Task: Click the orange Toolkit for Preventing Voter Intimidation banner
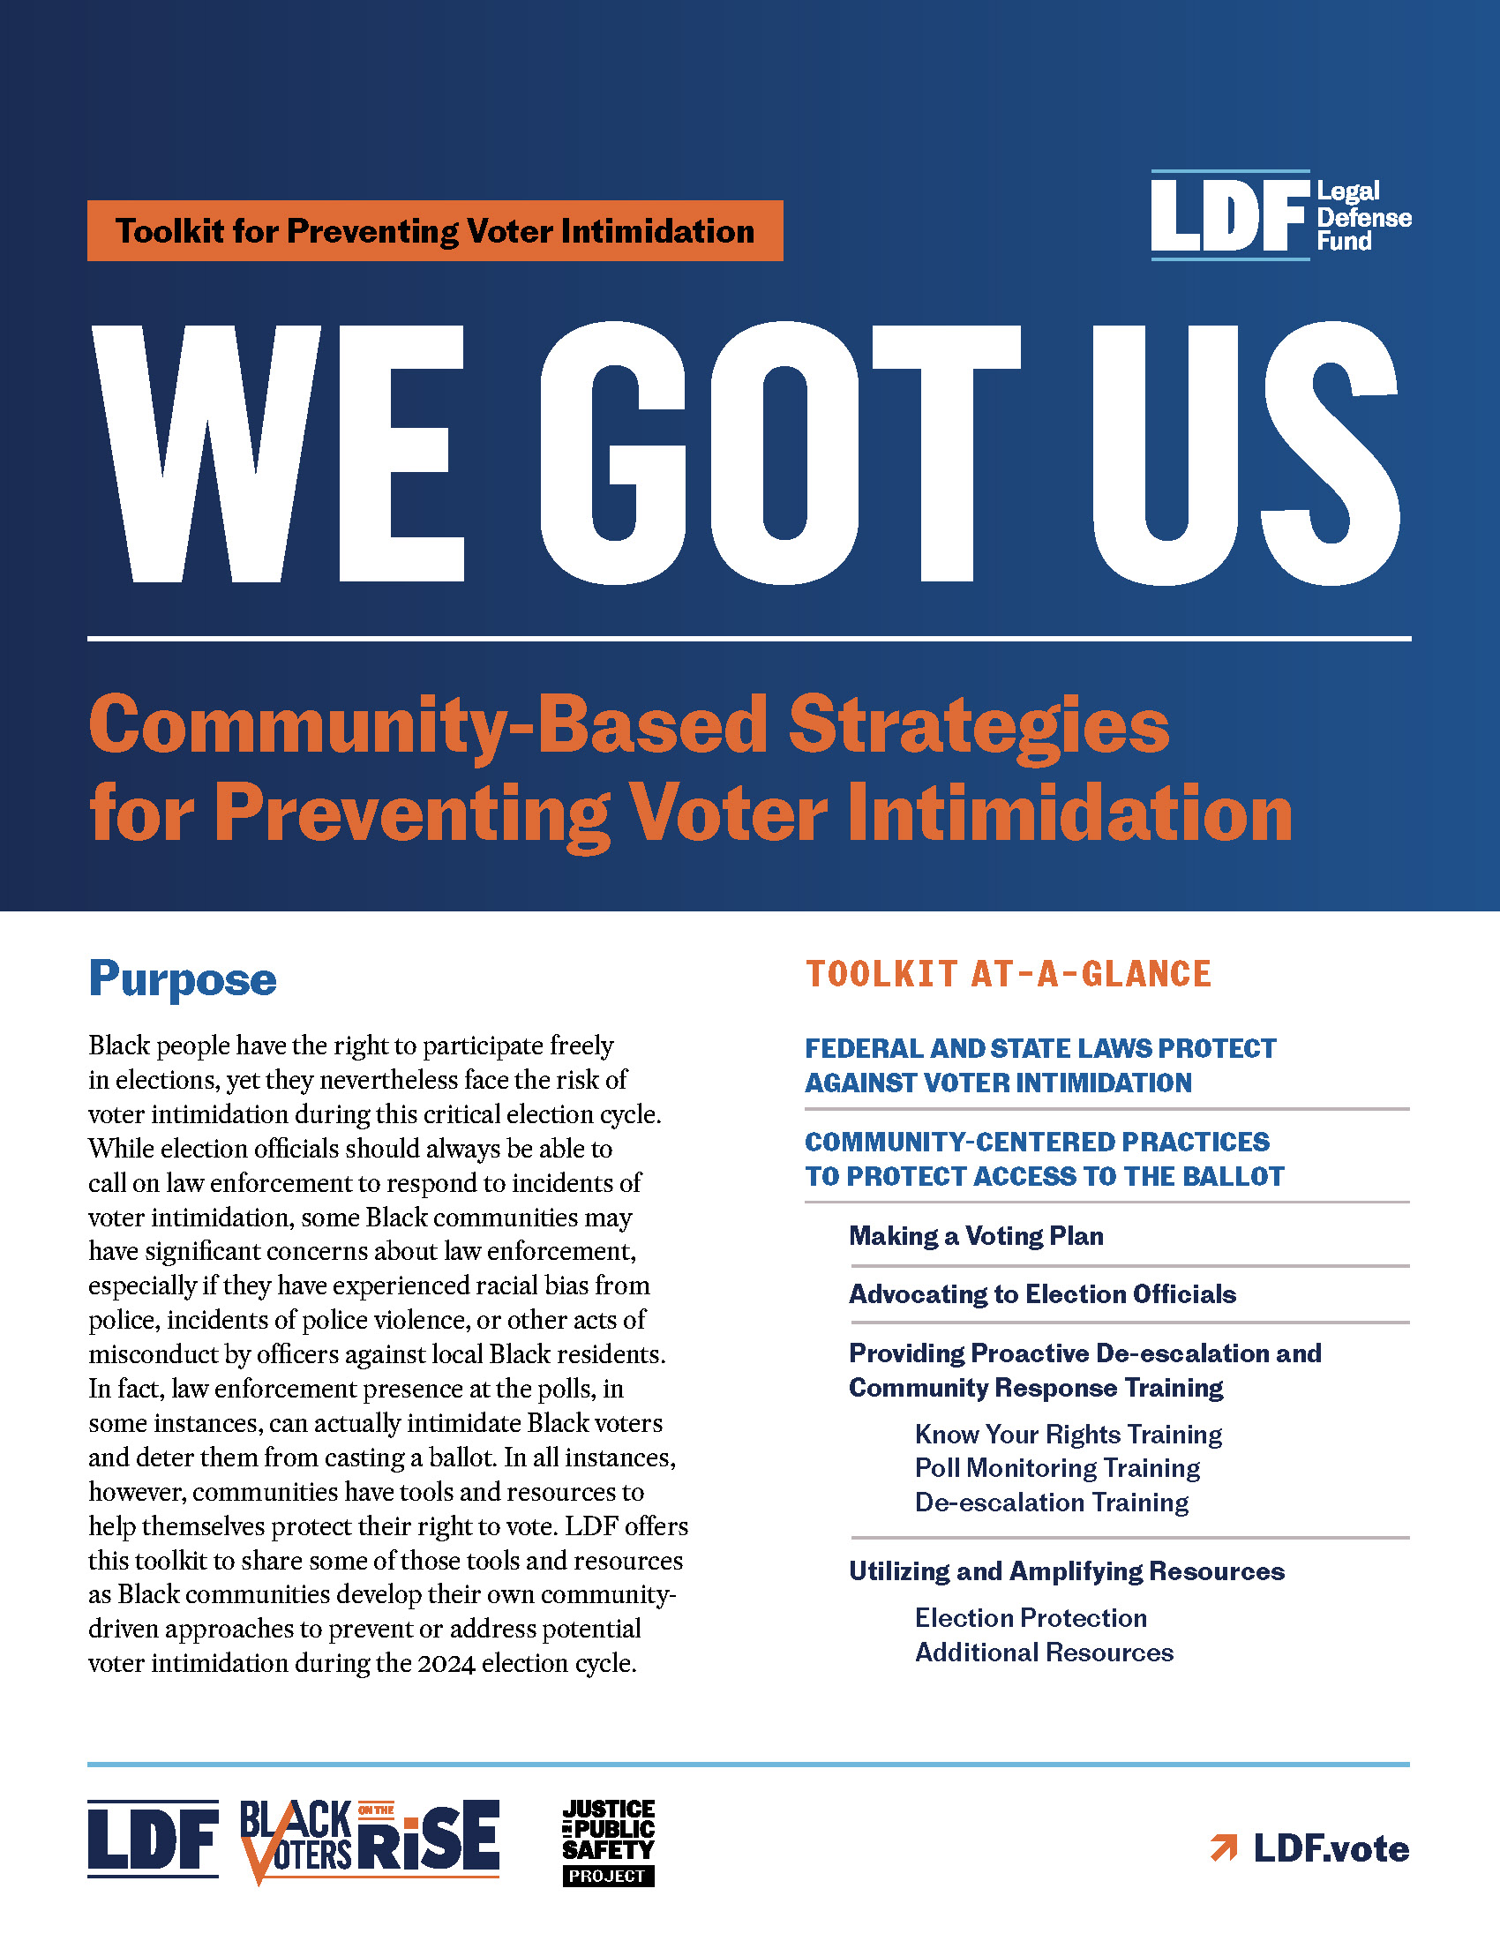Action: coord(434,231)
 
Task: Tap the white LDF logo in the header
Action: coord(1229,216)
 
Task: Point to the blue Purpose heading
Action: coord(182,978)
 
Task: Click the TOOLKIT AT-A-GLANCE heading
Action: coord(1008,974)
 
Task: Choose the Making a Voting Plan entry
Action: coord(976,1235)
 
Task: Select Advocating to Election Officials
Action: coord(1041,1294)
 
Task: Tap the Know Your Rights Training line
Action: coord(1069,1435)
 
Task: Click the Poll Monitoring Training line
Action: coord(1056,1468)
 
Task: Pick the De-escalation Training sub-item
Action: coord(1051,1503)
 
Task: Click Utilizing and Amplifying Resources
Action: coord(1067,1571)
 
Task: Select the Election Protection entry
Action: coord(1031,1617)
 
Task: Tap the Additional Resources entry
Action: coord(1044,1652)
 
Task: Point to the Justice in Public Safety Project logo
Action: coord(609,1841)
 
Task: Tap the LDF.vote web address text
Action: coord(1331,1848)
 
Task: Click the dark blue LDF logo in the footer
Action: coord(153,1839)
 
